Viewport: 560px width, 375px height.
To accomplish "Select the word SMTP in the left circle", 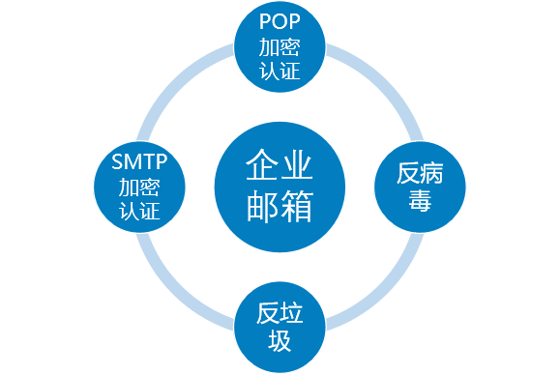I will pos(139,161).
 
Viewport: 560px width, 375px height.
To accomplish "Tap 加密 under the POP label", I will pos(280,46).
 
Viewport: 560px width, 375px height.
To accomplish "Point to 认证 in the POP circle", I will pos(280,70).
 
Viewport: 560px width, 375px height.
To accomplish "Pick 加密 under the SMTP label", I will pos(139,186).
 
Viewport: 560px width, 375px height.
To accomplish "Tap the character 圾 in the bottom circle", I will pos(279,340).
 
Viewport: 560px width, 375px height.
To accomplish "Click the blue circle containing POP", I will pos(280,46).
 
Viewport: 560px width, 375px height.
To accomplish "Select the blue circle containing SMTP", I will pos(139,186).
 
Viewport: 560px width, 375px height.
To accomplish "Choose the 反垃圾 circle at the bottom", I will pos(279,326).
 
